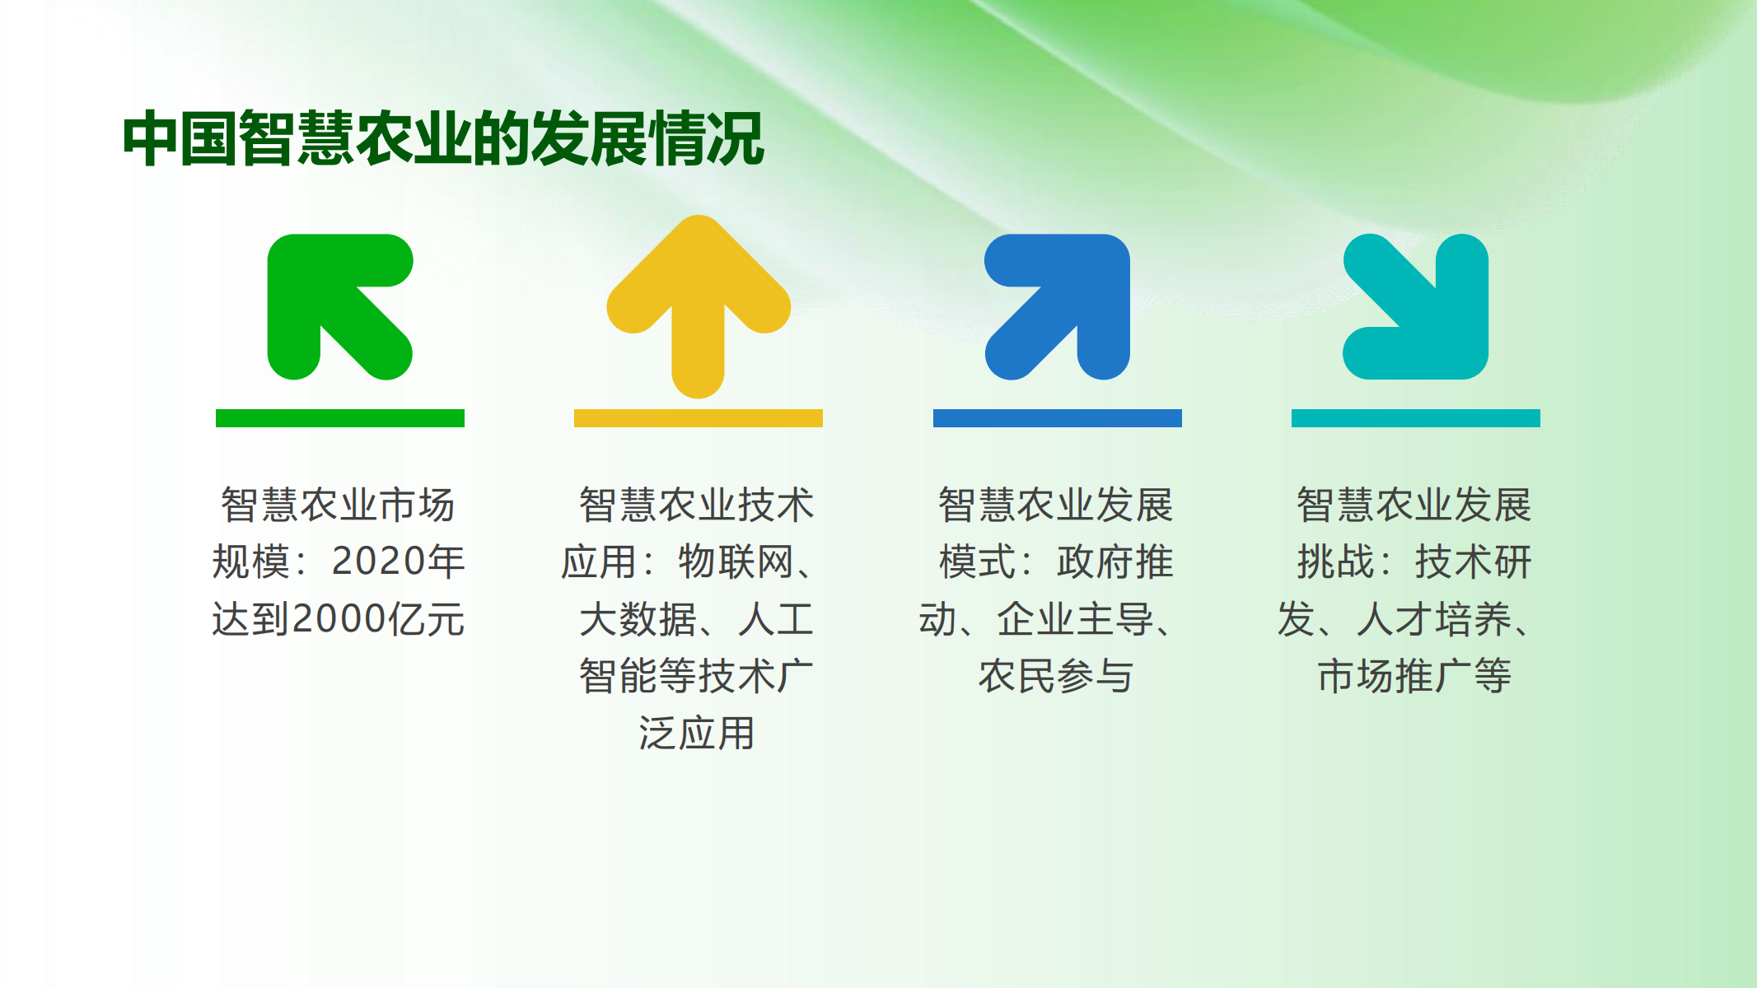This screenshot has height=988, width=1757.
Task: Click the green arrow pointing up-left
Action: (339, 305)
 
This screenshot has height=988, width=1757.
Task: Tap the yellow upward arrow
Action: (699, 306)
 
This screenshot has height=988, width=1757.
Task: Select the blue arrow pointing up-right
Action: (1058, 306)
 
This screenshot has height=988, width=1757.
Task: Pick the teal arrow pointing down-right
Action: (1416, 306)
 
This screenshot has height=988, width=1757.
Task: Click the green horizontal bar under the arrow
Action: (340, 418)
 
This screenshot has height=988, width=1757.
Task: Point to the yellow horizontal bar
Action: (699, 418)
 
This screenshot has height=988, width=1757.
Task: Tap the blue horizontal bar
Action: (1058, 418)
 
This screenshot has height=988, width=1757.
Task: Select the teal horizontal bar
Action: (1416, 418)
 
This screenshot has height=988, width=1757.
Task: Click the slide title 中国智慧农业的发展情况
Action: (443, 138)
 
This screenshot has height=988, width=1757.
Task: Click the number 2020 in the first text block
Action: (378, 562)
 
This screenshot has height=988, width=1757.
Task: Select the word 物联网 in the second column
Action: (736, 562)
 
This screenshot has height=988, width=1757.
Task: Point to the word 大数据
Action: (638, 619)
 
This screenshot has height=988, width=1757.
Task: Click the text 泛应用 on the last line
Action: (697, 733)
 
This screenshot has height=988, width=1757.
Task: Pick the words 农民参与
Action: (1056, 676)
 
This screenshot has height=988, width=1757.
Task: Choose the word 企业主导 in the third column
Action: (1075, 619)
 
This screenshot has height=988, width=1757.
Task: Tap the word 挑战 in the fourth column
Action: (1336, 562)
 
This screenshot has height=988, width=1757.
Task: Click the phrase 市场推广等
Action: (1414, 676)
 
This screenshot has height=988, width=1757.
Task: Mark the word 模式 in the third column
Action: (978, 562)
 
